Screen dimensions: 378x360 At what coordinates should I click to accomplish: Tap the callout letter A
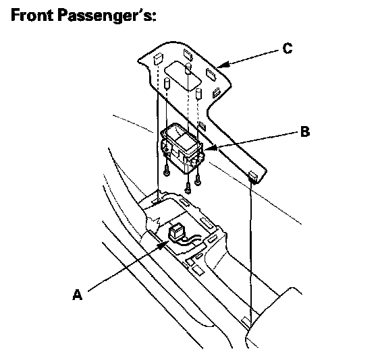click(x=77, y=295)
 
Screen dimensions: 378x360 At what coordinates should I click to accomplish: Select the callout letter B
click(x=305, y=132)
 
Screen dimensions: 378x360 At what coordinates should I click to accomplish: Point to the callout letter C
click(x=288, y=49)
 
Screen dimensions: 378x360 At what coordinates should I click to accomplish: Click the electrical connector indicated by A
click(x=175, y=231)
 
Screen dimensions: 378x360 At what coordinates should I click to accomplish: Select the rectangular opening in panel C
click(x=182, y=76)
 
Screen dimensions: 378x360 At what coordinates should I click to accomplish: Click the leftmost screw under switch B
click(x=166, y=170)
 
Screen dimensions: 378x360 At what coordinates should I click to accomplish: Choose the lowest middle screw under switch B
click(x=188, y=187)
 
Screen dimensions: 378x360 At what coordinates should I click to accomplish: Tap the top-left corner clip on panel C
click(x=157, y=59)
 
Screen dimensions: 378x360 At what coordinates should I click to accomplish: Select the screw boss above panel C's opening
click(x=188, y=68)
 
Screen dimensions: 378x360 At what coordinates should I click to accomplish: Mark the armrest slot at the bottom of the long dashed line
click(x=246, y=321)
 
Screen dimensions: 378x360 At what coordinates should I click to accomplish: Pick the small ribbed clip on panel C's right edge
click(x=216, y=93)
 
